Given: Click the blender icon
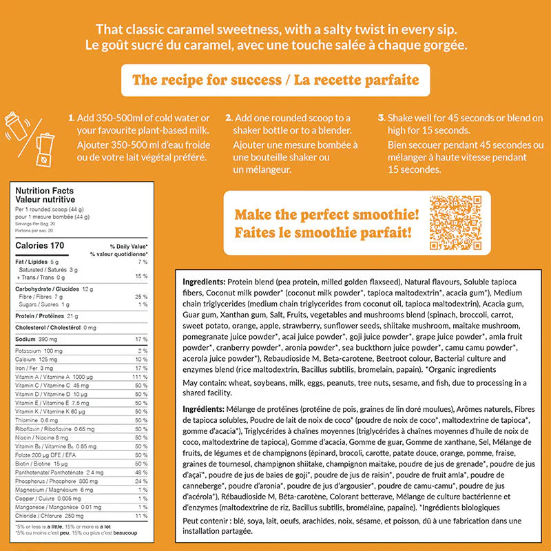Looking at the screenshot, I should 43,150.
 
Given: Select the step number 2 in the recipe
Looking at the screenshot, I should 228,118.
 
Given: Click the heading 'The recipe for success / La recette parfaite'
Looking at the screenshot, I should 275,80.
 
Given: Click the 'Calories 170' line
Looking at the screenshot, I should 39,245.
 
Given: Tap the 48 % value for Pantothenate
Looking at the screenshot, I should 143,472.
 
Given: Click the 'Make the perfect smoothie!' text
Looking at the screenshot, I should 327,215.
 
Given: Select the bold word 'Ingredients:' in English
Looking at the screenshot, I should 203,282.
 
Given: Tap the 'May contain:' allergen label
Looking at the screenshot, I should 204,383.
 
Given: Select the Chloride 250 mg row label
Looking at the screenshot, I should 44,516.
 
